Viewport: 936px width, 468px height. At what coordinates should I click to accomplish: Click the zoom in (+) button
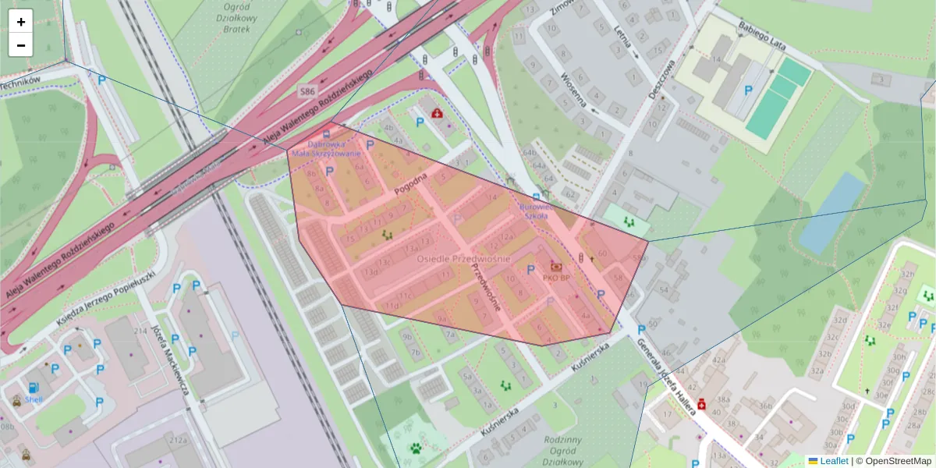pos(21,22)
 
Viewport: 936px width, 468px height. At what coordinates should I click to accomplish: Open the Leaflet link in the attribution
pos(833,461)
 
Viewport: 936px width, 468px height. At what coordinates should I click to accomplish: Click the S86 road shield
pos(308,92)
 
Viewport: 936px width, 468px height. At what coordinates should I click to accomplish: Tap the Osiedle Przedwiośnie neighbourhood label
pos(463,258)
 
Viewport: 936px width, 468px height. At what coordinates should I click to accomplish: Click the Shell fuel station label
pos(34,399)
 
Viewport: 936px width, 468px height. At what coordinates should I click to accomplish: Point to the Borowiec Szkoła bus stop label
pos(536,212)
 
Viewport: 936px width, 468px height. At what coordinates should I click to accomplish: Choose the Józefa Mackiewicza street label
pos(172,359)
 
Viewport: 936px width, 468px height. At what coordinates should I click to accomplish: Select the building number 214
pos(140,331)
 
